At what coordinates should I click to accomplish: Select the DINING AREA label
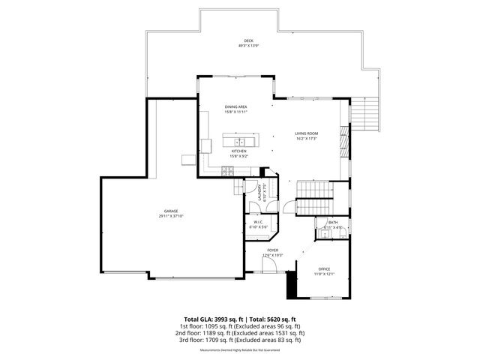coord(236,107)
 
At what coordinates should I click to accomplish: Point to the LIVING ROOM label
coord(307,133)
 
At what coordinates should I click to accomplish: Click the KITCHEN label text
coord(239,151)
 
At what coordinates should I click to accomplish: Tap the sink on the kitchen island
coord(241,141)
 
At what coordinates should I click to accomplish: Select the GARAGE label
coord(171,211)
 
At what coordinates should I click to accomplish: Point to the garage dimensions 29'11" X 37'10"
coord(171,217)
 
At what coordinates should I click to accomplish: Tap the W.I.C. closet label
coord(257,222)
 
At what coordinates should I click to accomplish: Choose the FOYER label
coord(272,250)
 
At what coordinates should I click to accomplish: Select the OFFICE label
coord(324,268)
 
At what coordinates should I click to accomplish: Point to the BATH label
coord(333,222)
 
